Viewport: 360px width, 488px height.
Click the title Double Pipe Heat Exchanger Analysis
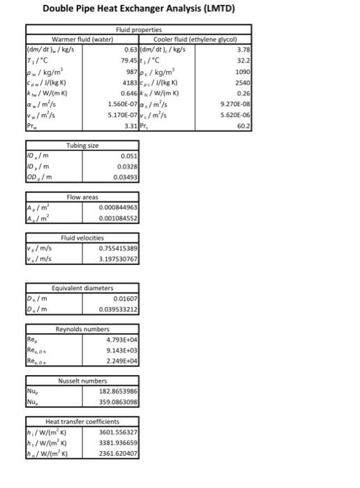[139, 9]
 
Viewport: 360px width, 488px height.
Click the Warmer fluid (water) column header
[82, 38]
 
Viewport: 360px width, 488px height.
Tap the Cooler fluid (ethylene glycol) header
[195, 38]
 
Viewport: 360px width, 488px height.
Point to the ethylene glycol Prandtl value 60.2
[243, 126]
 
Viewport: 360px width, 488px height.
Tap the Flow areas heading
[82, 198]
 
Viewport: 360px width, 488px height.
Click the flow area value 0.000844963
[118, 208]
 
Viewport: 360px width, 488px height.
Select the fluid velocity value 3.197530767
[118, 259]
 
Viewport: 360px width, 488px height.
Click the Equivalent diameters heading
[82, 289]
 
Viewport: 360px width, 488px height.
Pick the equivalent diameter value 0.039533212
[118, 309]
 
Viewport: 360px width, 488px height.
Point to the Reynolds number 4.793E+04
[120, 340]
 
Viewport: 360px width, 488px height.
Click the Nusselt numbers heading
[82, 381]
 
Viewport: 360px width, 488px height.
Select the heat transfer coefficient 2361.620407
[118, 453]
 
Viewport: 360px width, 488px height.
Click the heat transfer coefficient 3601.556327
[118, 432]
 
